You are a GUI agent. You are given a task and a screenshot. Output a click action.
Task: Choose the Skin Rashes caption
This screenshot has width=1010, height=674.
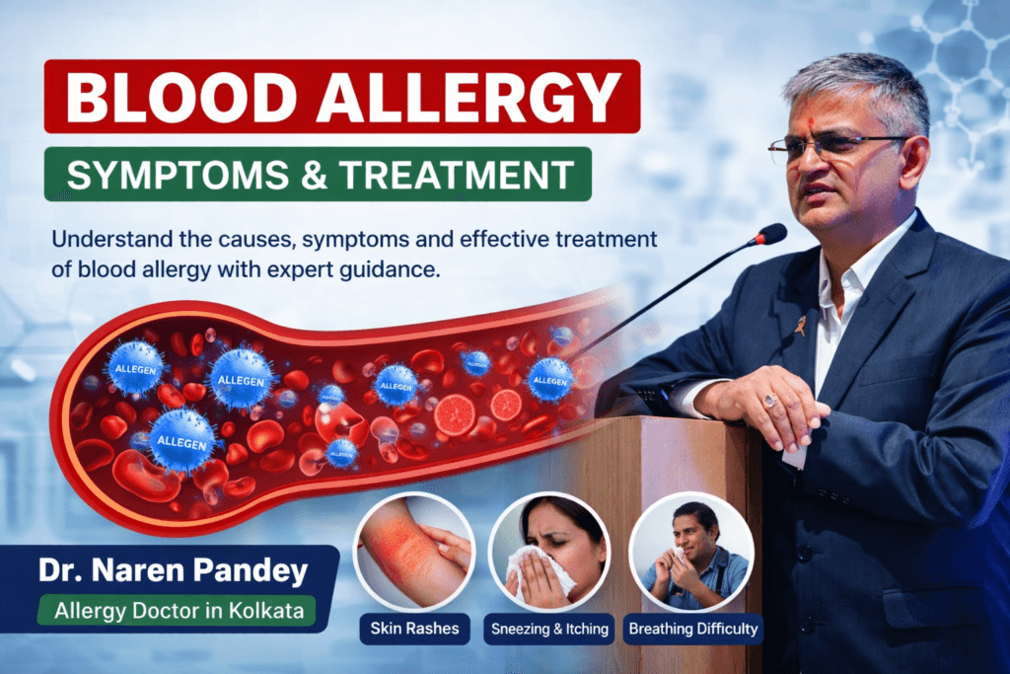point(414,629)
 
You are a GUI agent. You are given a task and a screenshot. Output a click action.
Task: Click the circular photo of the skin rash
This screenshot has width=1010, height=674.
point(414,552)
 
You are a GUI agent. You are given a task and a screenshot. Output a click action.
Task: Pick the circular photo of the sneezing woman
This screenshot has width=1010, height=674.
point(549,552)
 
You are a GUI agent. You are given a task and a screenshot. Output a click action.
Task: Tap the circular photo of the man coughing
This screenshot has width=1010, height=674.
point(691,552)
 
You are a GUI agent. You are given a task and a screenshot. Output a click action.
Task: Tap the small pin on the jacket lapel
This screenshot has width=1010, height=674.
point(799,325)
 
